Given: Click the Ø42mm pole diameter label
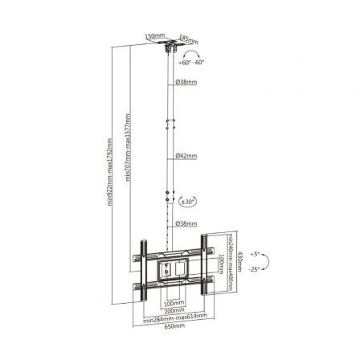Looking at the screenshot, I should tap(186, 154).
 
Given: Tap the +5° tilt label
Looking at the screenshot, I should tap(256, 252).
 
